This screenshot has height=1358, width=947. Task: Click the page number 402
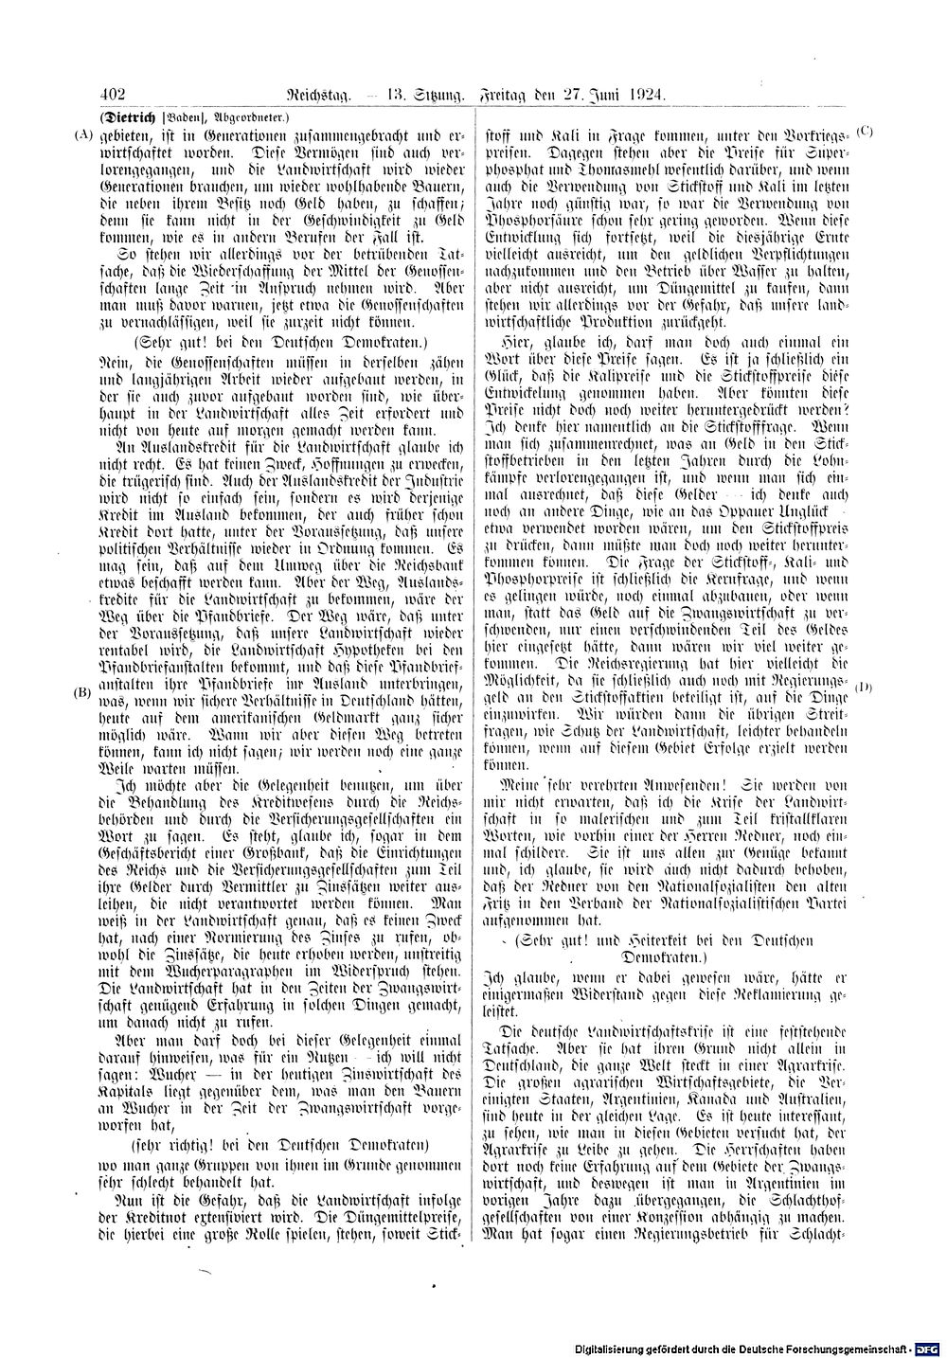(x=112, y=95)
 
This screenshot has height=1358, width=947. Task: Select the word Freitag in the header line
(x=510, y=95)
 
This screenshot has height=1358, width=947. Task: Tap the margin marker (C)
(x=864, y=128)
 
